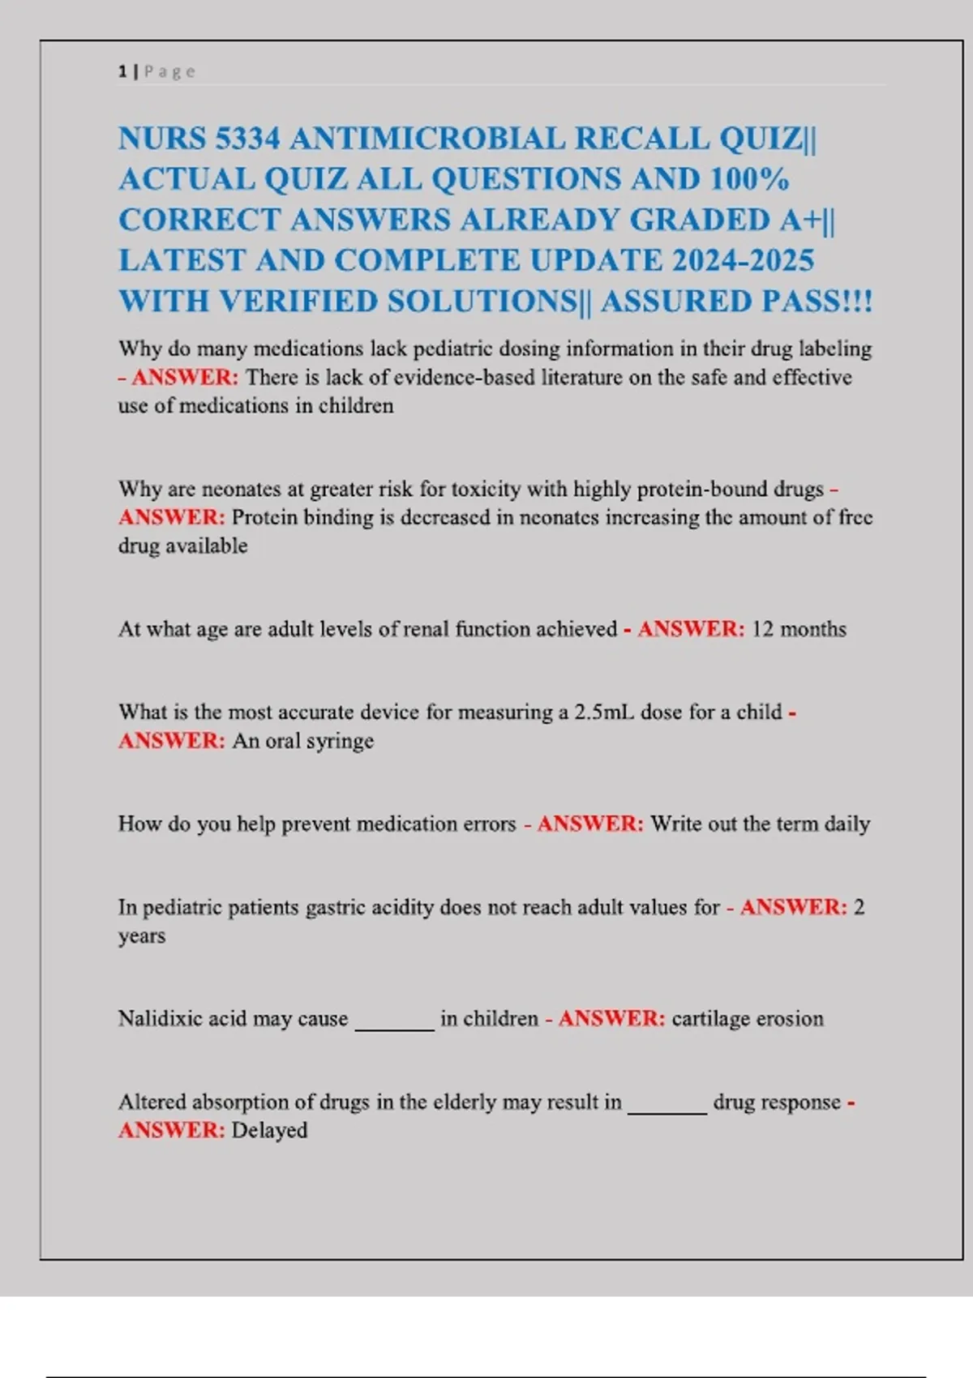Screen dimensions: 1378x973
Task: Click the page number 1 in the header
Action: tap(122, 71)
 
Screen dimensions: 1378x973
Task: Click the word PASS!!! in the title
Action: tap(817, 302)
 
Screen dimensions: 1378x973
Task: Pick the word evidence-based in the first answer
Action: tap(464, 378)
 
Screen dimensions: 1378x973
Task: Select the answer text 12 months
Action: tap(799, 629)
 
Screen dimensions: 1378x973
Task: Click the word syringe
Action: tap(340, 741)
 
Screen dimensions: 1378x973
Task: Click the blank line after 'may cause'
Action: tap(395, 1025)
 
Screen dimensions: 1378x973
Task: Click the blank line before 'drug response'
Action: tap(667, 1109)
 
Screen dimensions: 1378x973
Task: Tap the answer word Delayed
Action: tap(269, 1131)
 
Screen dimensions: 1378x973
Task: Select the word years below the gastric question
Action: tap(142, 936)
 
